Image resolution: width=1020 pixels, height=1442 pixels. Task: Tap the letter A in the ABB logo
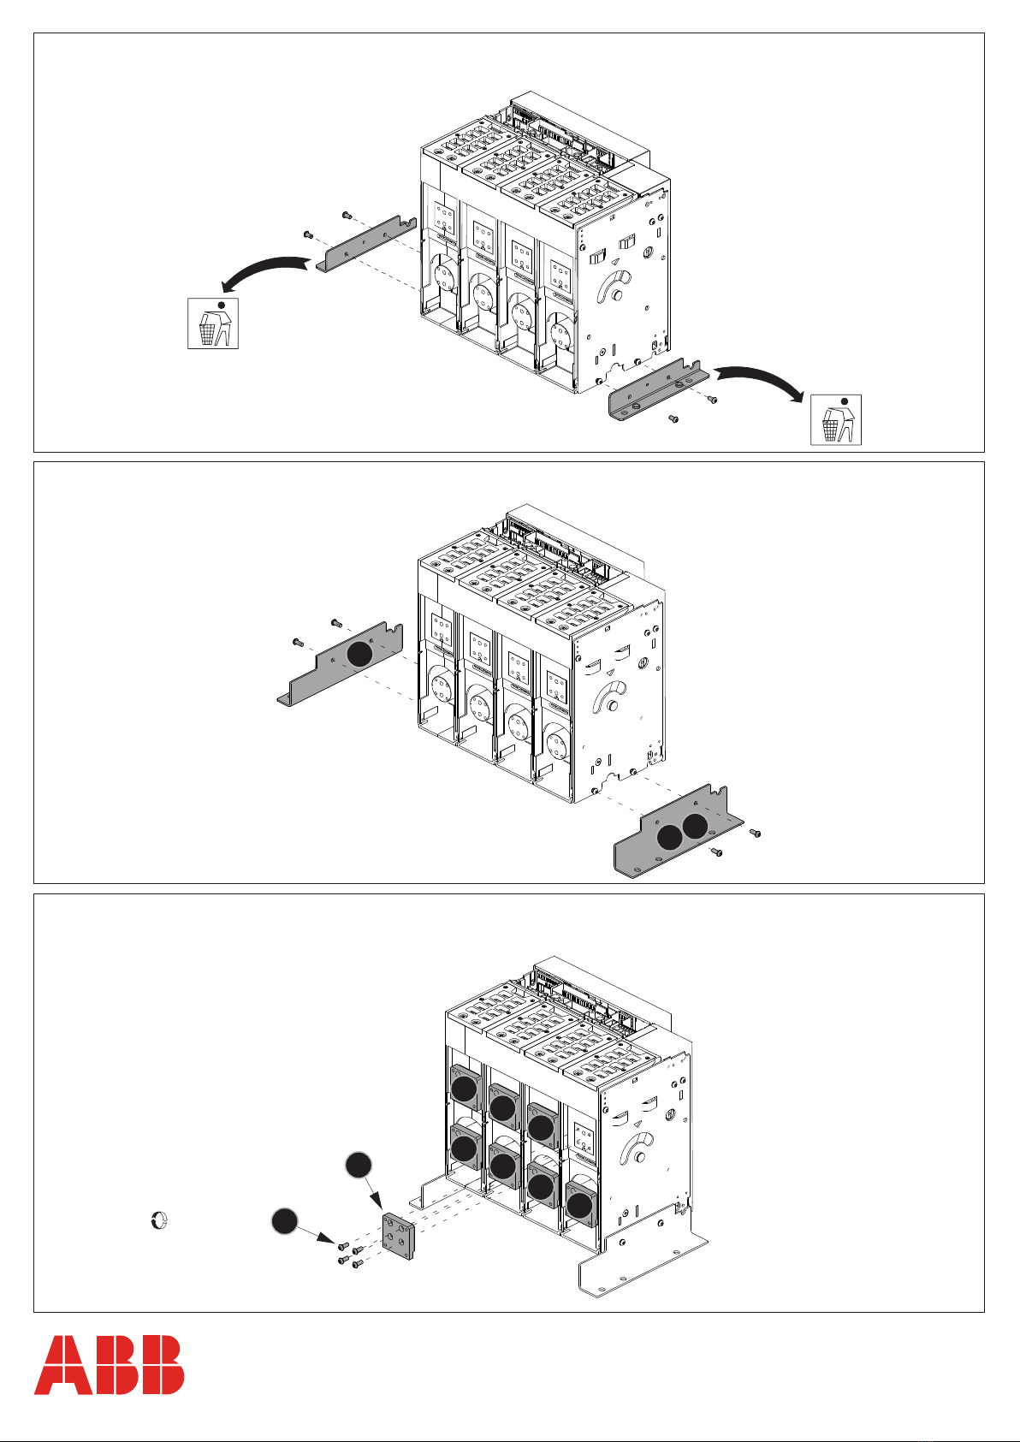coord(61,1365)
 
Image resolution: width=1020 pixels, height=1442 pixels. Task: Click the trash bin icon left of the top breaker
coord(213,323)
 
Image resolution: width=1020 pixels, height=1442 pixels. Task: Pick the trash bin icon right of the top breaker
coord(835,419)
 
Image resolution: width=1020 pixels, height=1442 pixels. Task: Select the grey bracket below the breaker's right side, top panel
coord(659,390)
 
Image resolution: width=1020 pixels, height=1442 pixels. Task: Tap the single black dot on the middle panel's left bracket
coord(359,654)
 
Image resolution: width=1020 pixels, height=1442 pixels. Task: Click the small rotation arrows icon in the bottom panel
coord(159,1219)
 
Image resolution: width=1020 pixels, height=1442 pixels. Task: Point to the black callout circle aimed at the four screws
coord(284,1221)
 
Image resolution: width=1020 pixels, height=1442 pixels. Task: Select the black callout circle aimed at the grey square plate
coord(359,1166)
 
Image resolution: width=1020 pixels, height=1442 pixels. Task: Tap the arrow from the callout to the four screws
coord(317,1235)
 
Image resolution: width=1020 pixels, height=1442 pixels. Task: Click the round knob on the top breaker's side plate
coord(616,295)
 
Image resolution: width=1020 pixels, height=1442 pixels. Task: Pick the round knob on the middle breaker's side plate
coord(612,705)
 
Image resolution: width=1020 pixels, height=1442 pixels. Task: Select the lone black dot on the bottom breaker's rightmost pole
coord(580,1206)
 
